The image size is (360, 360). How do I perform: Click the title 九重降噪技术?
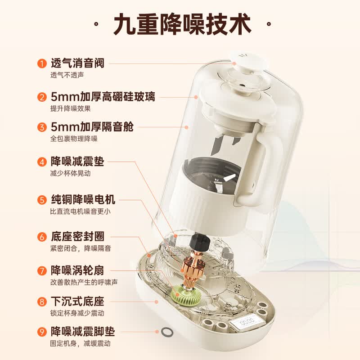[183, 24]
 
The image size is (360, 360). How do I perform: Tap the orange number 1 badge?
[42, 63]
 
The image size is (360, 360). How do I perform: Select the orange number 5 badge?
[42, 200]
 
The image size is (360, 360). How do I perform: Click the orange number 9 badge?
[42, 332]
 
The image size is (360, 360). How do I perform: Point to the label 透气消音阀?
[77, 63]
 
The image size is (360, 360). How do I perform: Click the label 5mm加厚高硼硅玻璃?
[103, 97]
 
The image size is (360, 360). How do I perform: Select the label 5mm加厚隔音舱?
[92, 127]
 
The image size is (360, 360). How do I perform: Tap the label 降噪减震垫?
[77, 162]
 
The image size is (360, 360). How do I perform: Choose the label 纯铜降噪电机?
[83, 199]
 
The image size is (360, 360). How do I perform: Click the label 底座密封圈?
[77, 237]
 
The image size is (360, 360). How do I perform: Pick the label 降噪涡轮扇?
[77, 270]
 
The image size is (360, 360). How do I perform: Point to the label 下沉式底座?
[77, 301]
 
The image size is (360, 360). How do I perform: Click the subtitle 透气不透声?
[67, 75]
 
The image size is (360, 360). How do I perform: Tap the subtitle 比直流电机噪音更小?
[81, 211]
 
